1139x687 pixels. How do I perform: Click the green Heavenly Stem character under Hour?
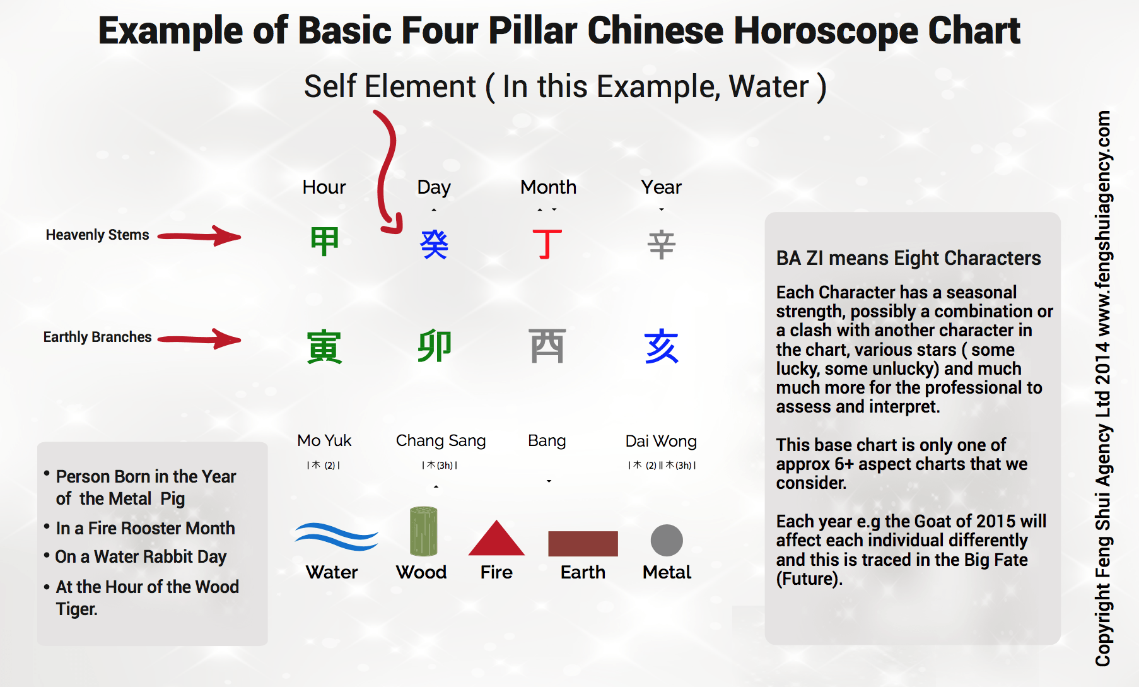325,242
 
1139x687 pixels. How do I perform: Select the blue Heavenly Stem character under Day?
434,244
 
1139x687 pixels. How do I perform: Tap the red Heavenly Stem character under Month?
547,244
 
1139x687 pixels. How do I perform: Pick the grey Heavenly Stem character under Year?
662,245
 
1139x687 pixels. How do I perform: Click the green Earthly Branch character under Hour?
324,347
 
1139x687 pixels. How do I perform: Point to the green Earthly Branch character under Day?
435,346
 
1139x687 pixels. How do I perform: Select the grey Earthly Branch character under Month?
547,346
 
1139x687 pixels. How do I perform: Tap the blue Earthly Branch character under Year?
662,346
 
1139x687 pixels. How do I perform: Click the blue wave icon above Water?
336,537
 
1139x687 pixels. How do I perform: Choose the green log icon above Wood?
423,531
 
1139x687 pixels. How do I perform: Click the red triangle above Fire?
496,538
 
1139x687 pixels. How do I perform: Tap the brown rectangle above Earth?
583,544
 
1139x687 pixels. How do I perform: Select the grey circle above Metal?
667,541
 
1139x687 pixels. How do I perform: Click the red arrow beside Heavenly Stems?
199,237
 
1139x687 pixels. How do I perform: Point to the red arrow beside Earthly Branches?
199,339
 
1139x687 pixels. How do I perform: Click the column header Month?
548,187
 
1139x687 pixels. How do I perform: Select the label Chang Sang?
441,441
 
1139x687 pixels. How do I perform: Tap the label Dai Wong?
661,441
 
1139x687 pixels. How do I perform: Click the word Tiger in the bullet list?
76,609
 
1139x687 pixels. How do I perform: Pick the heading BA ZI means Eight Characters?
908,259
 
